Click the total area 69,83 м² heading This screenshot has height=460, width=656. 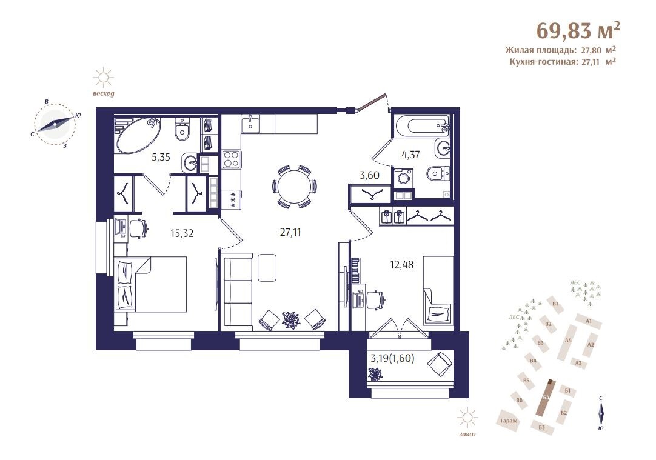pos(578,30)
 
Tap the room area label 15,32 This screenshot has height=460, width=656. pos(182,233)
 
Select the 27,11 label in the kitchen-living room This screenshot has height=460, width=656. pos(290,233)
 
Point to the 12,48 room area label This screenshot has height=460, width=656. pos(401,265)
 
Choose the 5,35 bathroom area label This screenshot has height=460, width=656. pos(161,157)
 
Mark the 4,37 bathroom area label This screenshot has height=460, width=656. pos(410,155)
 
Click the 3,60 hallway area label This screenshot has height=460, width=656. pos(369,175)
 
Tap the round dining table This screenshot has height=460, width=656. pos(295,187)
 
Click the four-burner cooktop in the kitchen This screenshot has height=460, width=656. pos(232,159)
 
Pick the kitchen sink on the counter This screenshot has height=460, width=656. pos(250,124)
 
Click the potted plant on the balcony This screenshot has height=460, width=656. pos(375,374)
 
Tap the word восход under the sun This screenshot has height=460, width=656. pos(103,94)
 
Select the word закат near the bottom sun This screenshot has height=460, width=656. pos(467,434)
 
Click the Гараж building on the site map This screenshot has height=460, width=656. pos(509,421)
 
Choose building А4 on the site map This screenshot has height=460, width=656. pos(568,341)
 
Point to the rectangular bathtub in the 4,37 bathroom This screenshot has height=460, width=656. pos(421,126)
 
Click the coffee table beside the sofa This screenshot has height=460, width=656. pos(267,268)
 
